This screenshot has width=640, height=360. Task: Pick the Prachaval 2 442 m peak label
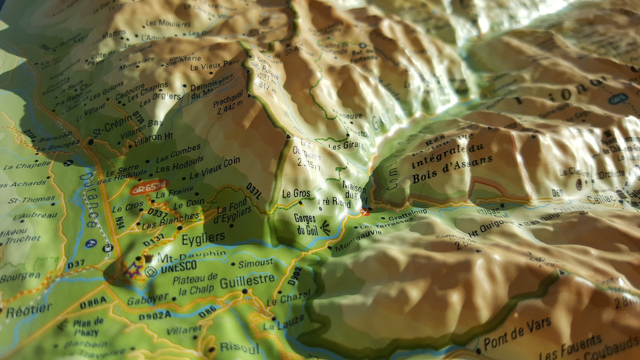click(x=229, y=102)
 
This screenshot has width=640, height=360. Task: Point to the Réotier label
click(x=29, y=310)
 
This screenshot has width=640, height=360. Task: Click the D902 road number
click(x=294, y=276)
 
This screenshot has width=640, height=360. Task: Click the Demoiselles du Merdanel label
click(x=212, y=87)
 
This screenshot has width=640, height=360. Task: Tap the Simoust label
click(x=255, y=264)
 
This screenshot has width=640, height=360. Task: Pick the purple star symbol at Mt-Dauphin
click(x=134, y=270)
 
